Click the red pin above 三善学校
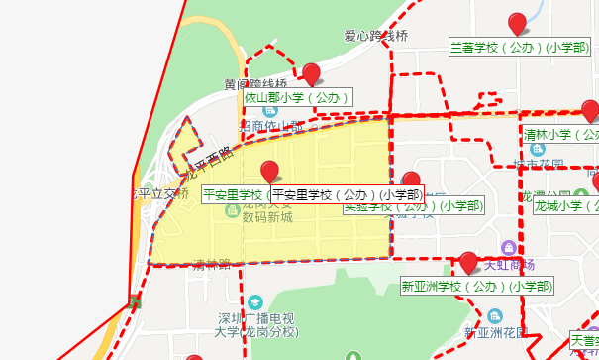pos(516,23)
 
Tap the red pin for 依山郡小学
pos(311,73)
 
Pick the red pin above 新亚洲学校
pos(468,262)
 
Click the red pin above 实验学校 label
pos(411,181)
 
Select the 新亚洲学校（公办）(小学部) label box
pos(475,286)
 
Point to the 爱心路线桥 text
pos(376,36)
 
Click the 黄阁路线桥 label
pos(254,83)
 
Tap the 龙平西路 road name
pos(211,156)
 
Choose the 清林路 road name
pos(211,265)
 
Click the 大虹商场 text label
pos(510,265)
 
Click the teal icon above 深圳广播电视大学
pos(255,300)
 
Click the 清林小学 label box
pos(561,134)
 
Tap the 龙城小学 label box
pos(565,206)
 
